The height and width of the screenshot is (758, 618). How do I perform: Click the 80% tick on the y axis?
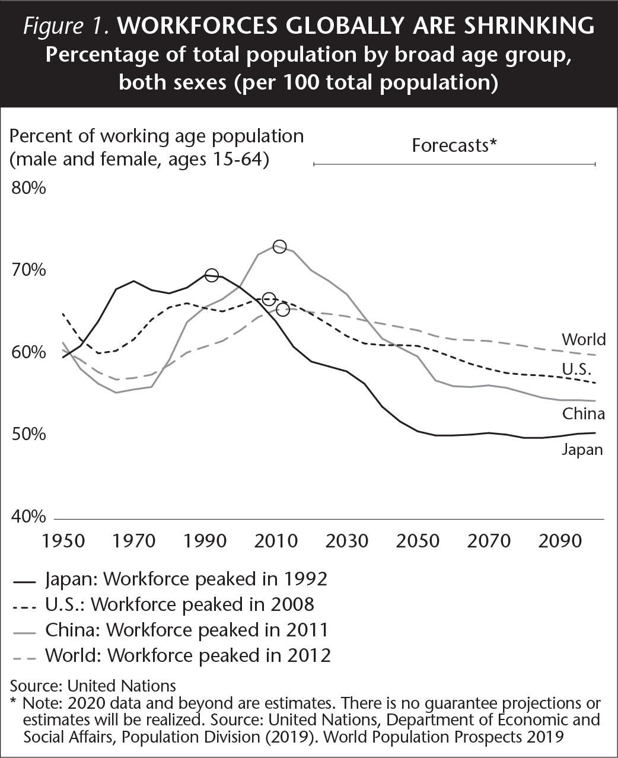pyautogui.click(x=28, y=189)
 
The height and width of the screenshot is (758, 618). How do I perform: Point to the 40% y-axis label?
pyautogui.click(x=28, y=517)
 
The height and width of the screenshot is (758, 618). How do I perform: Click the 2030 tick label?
pyautogui.click(x=348, y=541)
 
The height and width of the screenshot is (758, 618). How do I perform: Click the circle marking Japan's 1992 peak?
pyautogui.click(x=211, y=275)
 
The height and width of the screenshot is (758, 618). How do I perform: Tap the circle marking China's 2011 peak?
pyautogui.click(x=279, y=247)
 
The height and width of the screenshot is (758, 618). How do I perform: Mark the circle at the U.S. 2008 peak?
pyautogui.click(x=269, y=298)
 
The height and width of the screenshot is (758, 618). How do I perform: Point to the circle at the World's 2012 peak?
pyautogui.click(x=283, y=310)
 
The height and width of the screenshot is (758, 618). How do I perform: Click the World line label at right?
pyautogui.click(x=584, y=339)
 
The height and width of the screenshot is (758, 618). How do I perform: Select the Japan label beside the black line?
pyautogui.click(x=582, y=450)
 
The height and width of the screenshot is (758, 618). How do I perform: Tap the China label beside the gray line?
pyautogui.click(x=584, y=413)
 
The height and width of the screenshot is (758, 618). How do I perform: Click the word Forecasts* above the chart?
pyautogui.click(x=454, y=145)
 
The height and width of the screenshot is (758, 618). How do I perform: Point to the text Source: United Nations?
pyautogui.click(x=93, y=686)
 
